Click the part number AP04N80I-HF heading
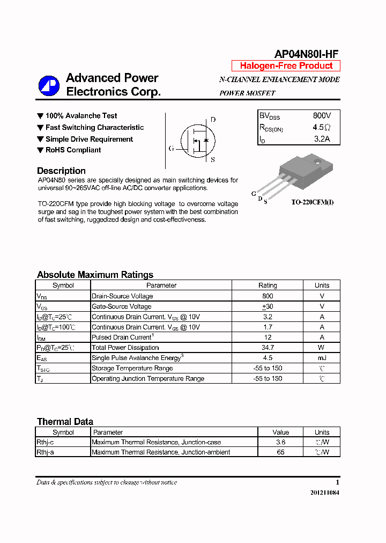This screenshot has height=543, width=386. click(306, 54)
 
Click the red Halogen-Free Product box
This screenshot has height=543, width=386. click(286, 66)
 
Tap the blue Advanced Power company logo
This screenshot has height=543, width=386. click(49, 86)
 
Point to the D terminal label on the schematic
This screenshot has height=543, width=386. click(213, 120)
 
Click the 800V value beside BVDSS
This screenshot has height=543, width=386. click(322, 116)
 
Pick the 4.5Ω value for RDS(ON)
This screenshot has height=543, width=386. click(322, 128)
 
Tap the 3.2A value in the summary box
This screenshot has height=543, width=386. click(322, 140)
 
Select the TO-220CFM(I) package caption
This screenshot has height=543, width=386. click(313, 202)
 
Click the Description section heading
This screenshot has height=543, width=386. click(61, 171)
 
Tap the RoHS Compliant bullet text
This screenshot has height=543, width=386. click(73, 150)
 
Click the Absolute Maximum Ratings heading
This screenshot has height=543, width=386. click(95, 275)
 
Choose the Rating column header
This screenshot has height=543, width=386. click(268, 285)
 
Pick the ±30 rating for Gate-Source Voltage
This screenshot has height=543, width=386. click(268, 306)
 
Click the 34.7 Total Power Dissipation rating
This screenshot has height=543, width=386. click(268, 348)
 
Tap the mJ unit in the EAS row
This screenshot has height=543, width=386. click(322, 358)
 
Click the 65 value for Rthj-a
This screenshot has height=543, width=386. click(280, 452)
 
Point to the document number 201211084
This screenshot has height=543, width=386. click(324, 493)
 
